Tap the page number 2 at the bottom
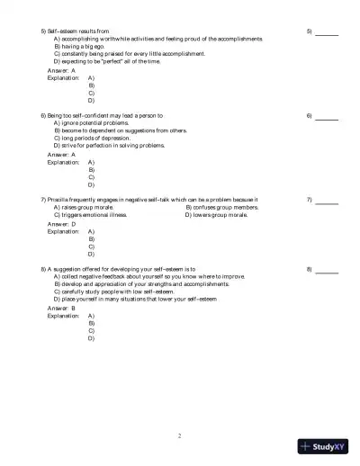180,436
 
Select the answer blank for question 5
327,32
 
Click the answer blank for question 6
327,117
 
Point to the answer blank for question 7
327,201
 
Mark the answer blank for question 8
327,270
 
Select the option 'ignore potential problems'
97,123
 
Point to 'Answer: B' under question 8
61,308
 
